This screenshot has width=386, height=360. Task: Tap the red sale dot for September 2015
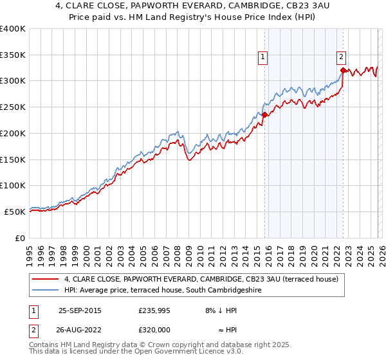point(264,114)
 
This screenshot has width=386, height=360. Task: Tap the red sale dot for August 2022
point(343,70)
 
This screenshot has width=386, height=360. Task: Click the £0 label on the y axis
point(20,238)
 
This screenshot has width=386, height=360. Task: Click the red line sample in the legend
point(46,279)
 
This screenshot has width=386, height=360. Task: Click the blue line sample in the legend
point(46,291)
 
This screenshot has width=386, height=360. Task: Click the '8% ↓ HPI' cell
point(222,310)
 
